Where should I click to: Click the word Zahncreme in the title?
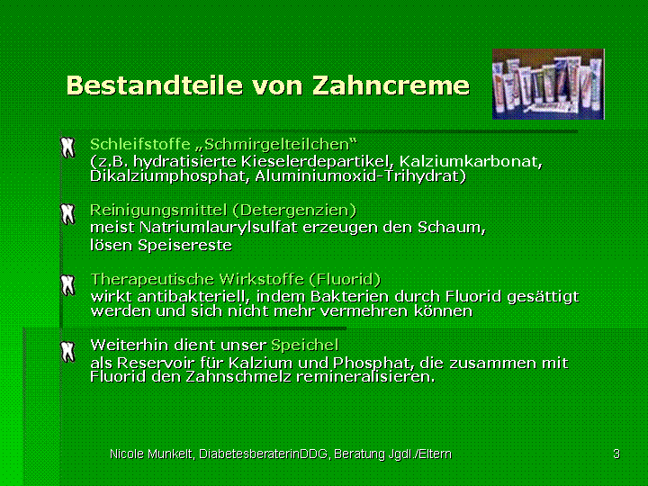click(x=391, y=85)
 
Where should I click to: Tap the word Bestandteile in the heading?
click(x=154, y=85)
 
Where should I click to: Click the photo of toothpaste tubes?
click(x=548, y=84)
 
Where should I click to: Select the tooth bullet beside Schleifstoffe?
click(x=67, y=147)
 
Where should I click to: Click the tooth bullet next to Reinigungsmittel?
click(x=67, y=213)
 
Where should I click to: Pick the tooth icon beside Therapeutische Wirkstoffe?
click(x=67, y=284)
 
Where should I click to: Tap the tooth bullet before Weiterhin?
click(x=67, y=352)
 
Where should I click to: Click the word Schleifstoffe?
click(x=140, y=144)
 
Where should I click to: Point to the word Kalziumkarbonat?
click(x=471, y=161)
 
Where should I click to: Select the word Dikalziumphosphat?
click(x=170, y=176)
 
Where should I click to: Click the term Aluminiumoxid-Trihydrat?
click(x=360, y=176)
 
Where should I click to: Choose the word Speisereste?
click(x=184, y=245)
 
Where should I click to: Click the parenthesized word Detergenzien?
click(x=294, y=211)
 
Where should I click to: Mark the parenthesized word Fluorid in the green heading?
click(x=345, y=279)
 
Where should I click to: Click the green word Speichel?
click(x=304, y=345)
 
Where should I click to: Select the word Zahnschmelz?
click(x=238, y=376)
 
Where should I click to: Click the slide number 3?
click(x=616, y=454)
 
